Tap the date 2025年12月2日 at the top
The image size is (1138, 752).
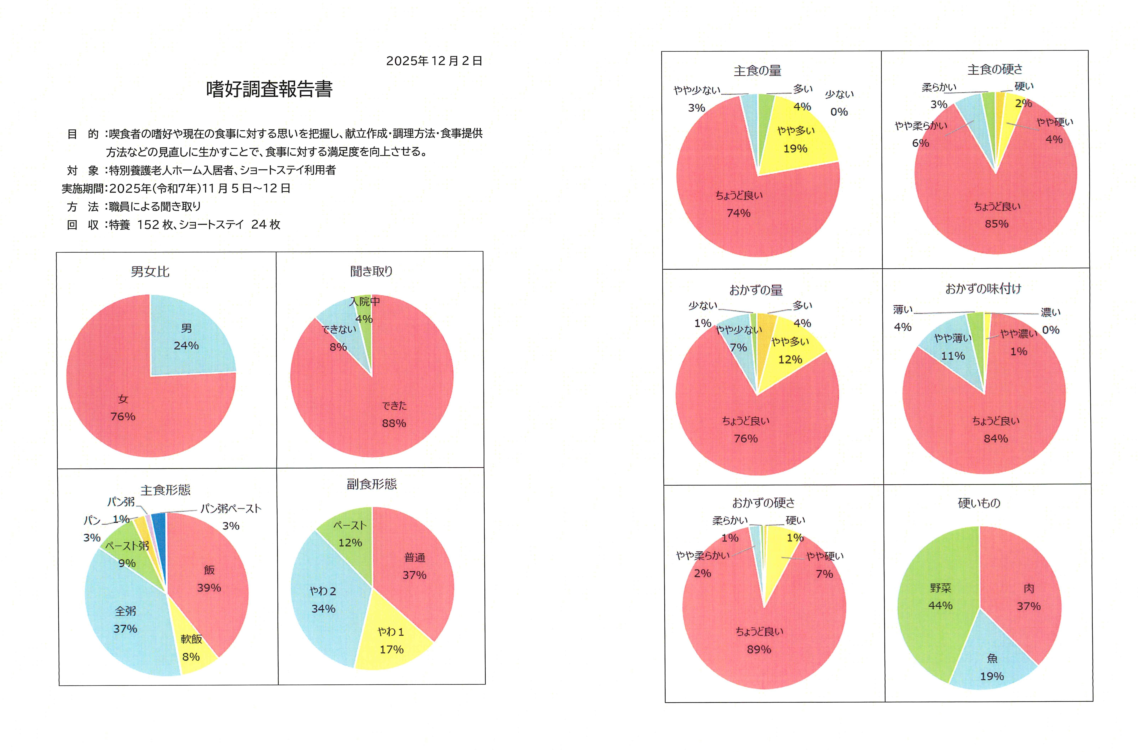pos(434,61)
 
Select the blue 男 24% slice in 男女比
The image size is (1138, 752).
pos(192,336)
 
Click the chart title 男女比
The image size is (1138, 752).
pos(150,272)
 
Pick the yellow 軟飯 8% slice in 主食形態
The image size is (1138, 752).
pos(194,647)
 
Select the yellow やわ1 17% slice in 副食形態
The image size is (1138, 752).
pos(391,640)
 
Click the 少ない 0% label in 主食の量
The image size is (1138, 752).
pos(839,103)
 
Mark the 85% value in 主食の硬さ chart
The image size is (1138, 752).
pos(997,224)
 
